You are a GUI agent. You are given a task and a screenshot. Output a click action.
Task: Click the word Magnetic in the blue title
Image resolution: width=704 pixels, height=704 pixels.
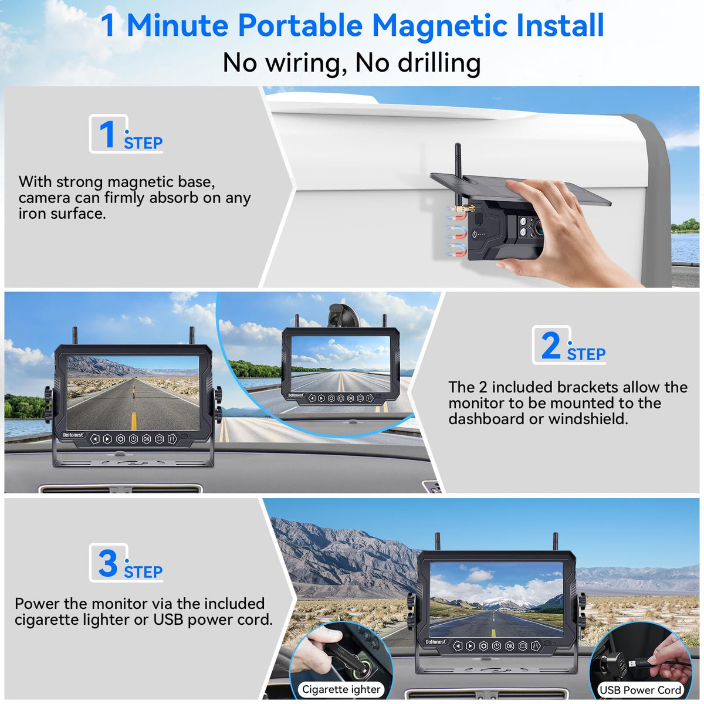click(x=439, y=26)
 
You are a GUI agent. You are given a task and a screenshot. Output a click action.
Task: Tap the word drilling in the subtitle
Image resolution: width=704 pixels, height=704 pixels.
click(x=439, y=63)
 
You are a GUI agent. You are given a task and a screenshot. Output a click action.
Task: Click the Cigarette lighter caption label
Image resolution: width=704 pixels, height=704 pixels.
click(x=341, y=689)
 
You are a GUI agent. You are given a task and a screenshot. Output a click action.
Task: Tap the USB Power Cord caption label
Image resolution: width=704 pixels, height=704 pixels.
click(x=640, y=690)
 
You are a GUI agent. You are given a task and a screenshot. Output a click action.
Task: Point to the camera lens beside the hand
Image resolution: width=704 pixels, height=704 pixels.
click(x=538, y=227)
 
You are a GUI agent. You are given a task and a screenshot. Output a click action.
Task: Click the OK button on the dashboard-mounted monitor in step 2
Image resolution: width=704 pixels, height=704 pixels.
click(x=146, y=439)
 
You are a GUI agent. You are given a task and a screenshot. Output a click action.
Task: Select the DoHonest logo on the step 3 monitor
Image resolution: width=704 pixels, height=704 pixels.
click(x=435, y=642)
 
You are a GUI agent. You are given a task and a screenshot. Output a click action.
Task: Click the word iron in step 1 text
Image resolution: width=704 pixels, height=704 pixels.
click(x=32, y=214)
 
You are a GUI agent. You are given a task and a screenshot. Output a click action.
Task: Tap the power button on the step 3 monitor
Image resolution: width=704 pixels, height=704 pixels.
click(x=496, y=647)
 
